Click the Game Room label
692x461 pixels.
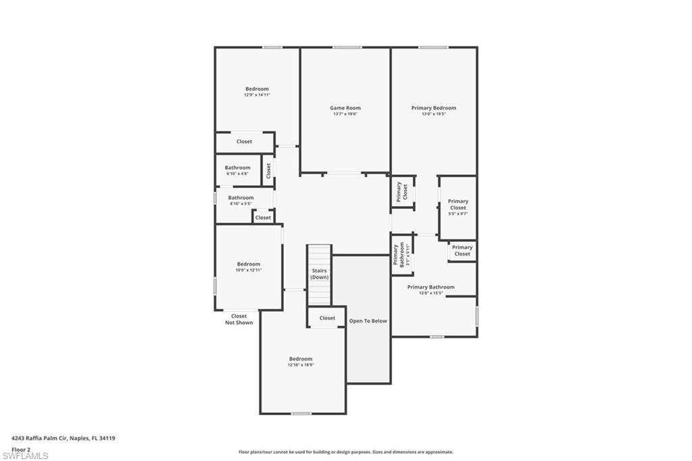(x=345, y=108)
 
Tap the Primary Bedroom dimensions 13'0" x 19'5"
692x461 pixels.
(x=434, y=114)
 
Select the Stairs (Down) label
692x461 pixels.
(x=320, y=274)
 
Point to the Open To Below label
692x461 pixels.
(x=368, y=321)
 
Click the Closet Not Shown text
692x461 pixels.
(x=239, y=319)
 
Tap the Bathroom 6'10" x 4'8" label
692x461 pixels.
(x=237, y=170)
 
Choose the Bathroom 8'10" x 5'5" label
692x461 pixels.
(x=241, y=200)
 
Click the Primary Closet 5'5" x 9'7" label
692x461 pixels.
(x=458, y=207)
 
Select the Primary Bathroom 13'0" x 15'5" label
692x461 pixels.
(x=430, y=290)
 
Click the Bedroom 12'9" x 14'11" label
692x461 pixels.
(x=257, y=91)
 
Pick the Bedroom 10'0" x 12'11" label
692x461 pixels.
(x=248, y=267)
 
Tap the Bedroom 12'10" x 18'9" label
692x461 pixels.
(x=301, y=362)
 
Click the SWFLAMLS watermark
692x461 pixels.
(x=25, y=455)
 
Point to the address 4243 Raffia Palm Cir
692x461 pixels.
(x=64, y=438)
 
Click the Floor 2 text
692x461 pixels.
(x=21, y=449)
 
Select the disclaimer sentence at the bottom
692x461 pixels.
(x=345, y=452)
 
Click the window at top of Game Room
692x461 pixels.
(x=347, y=47)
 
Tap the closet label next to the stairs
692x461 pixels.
(x=327, y=318)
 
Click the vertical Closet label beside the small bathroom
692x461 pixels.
(x=268, y=170)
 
